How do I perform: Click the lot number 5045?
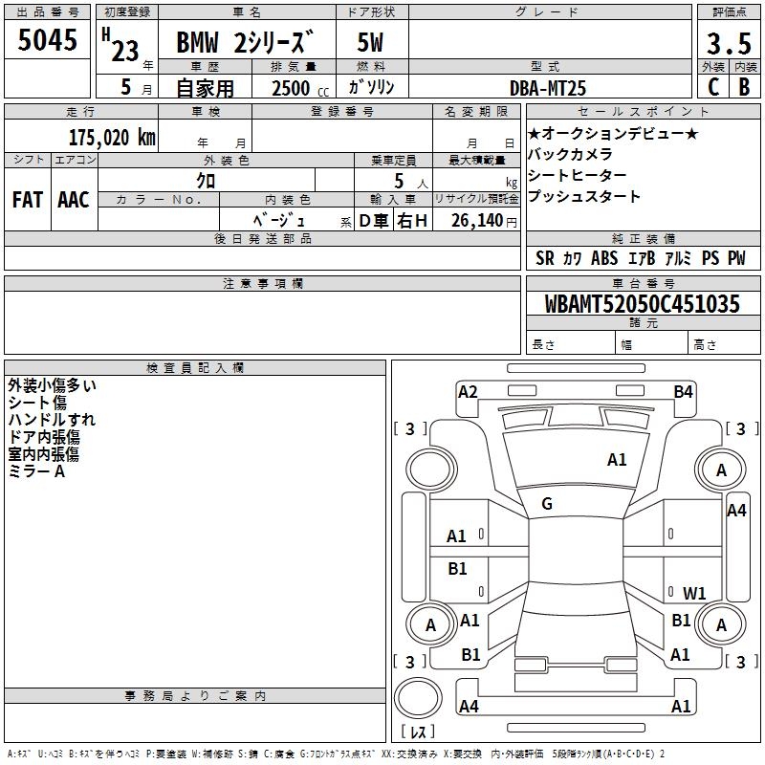47,40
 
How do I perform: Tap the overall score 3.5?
729,43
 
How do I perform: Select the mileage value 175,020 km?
112,138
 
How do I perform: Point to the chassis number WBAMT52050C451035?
642,304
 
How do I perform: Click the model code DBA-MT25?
547,88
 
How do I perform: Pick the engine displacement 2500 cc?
300,88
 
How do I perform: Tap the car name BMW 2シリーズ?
245,42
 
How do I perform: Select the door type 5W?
370,42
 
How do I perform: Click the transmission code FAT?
28,200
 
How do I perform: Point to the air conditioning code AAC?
74,200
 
